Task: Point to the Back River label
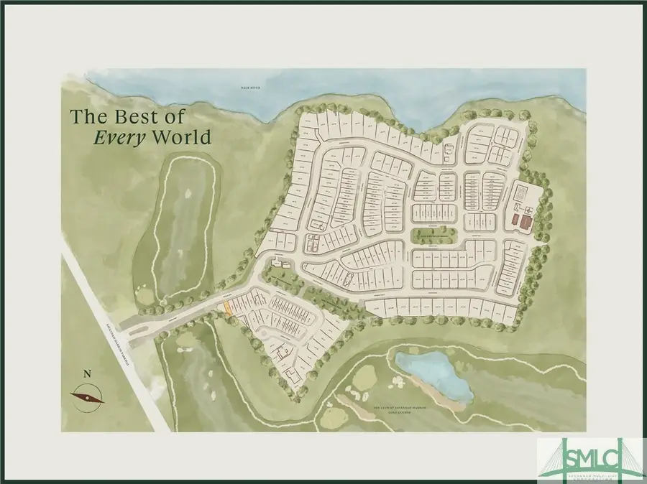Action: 250,88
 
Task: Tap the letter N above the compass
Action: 87,373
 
